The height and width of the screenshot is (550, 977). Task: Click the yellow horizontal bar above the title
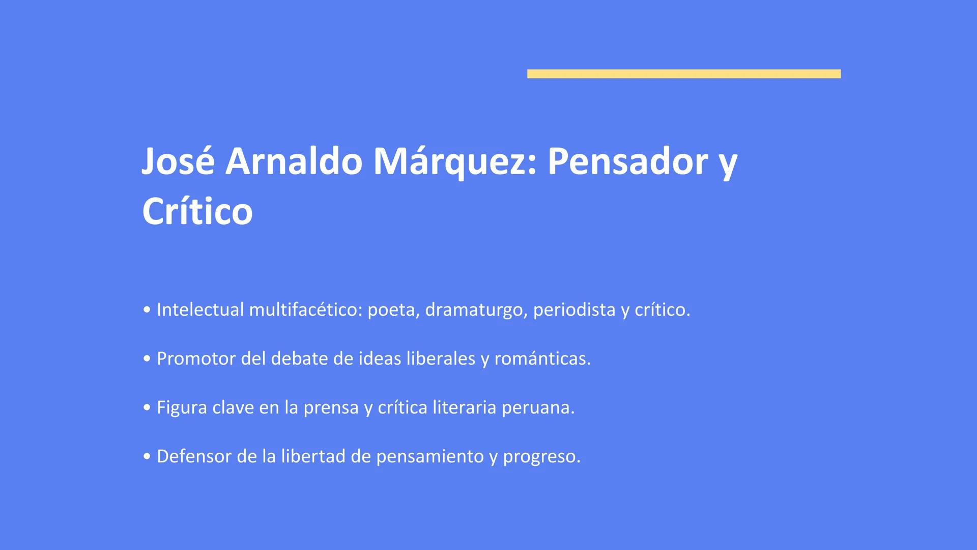coord(684,74)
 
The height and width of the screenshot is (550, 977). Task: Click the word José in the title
coord(178,161)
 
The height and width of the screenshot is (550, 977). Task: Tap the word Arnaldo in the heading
coord(294,161)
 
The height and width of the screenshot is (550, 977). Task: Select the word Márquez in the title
coord(455,161)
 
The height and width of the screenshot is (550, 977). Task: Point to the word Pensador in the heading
coord(627,161)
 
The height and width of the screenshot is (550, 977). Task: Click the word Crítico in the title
coord(197,211)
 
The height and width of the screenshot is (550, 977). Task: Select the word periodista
coord(574,310)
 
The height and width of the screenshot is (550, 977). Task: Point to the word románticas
coord(542,359)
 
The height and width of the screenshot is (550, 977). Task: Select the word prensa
coord(331,407)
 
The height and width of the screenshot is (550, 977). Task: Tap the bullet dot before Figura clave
coord(147,407)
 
